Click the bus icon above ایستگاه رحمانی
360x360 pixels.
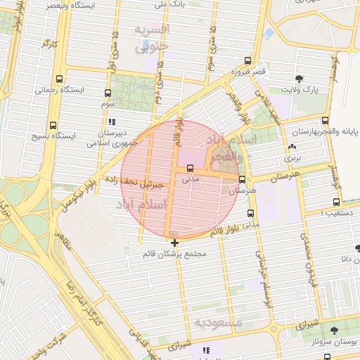[59, 79]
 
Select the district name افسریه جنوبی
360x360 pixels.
[152, 38]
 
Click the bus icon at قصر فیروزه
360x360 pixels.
[247, 61]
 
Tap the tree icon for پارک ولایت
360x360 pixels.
[300, 79]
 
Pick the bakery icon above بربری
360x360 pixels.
[291, 147]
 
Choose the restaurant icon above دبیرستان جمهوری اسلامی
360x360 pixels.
[112, 122]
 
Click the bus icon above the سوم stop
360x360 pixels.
[108, 92]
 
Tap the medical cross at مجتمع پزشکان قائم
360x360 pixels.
[174, 243]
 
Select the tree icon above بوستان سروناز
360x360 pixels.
[334, 330]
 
